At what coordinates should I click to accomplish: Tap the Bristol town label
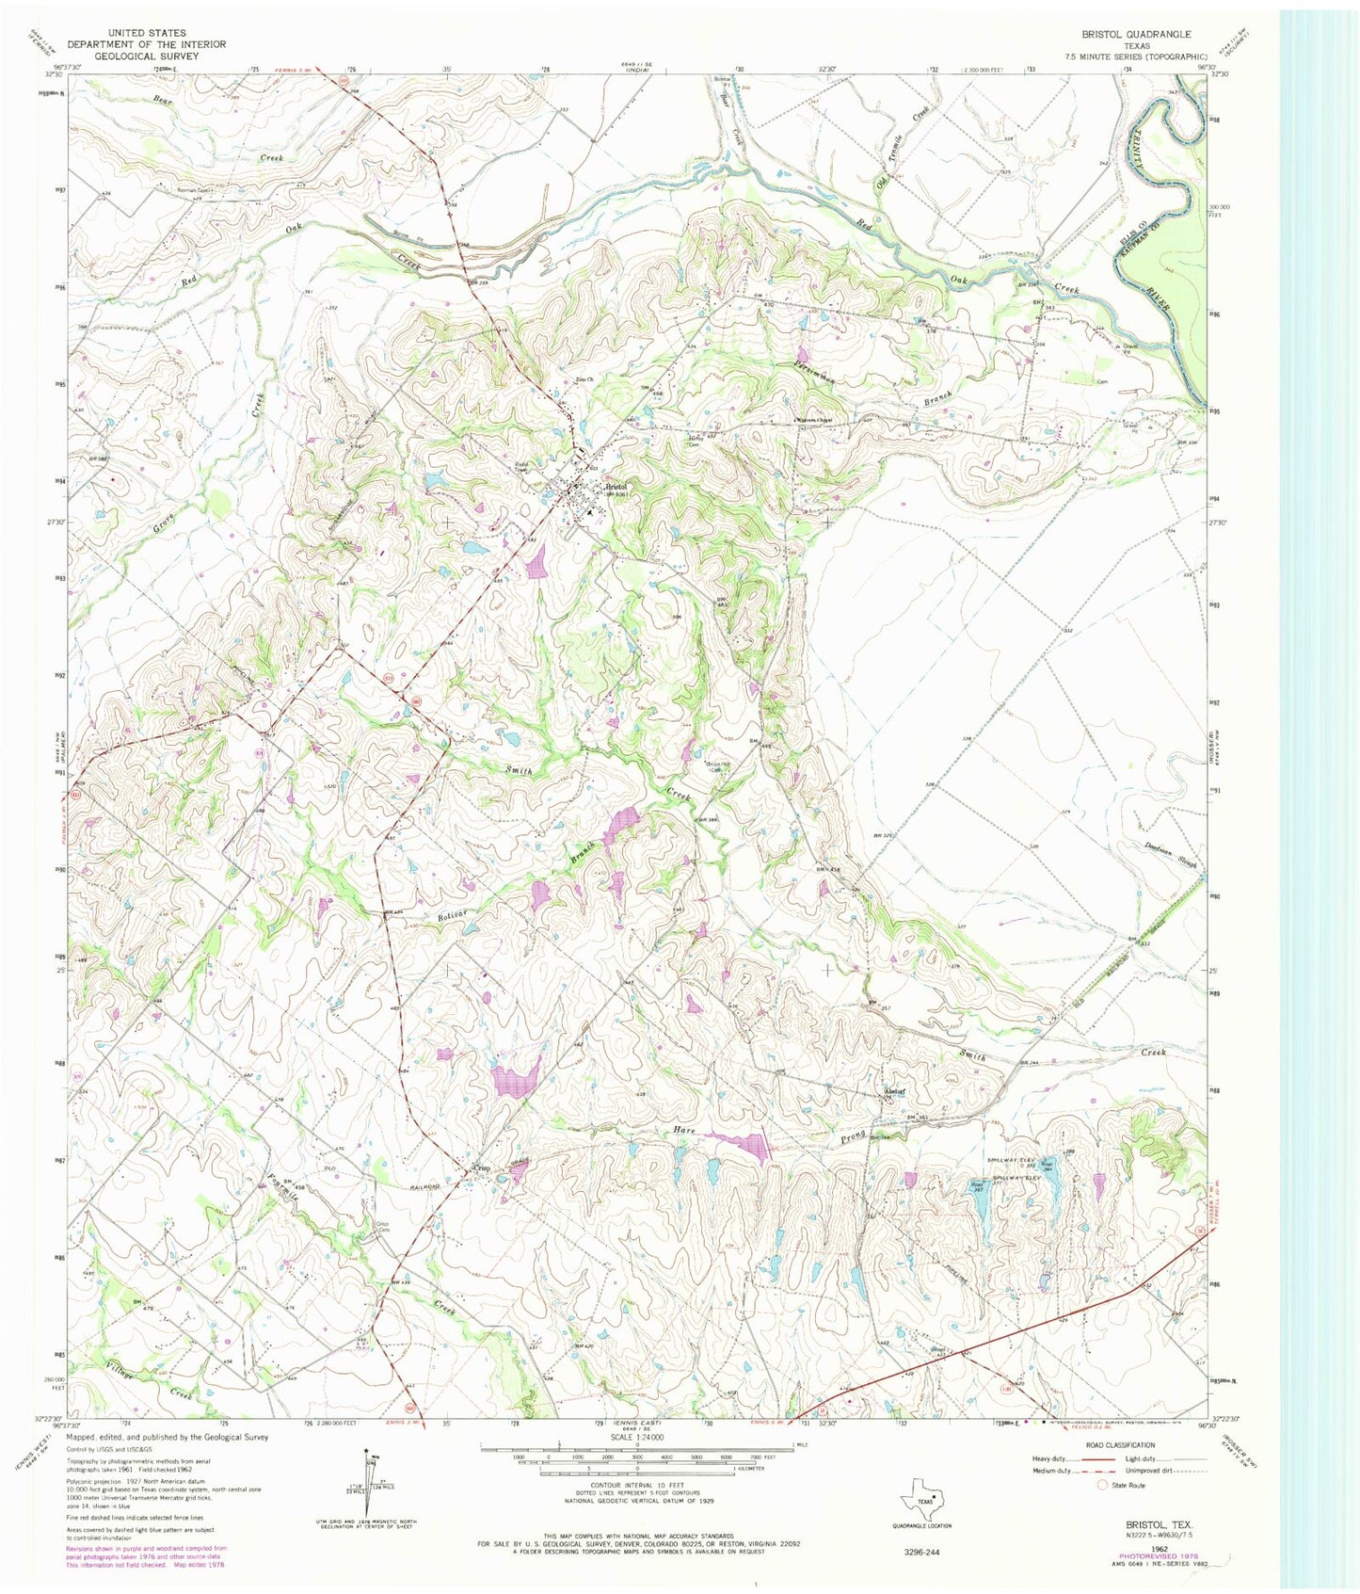coord(617,487)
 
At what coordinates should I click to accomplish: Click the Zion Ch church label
coord(584,380)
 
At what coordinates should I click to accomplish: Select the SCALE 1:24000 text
coord(637,1437)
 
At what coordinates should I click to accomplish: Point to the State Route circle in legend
coord(1103,1485)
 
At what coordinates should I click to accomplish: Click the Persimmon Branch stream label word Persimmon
coord(817,376)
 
